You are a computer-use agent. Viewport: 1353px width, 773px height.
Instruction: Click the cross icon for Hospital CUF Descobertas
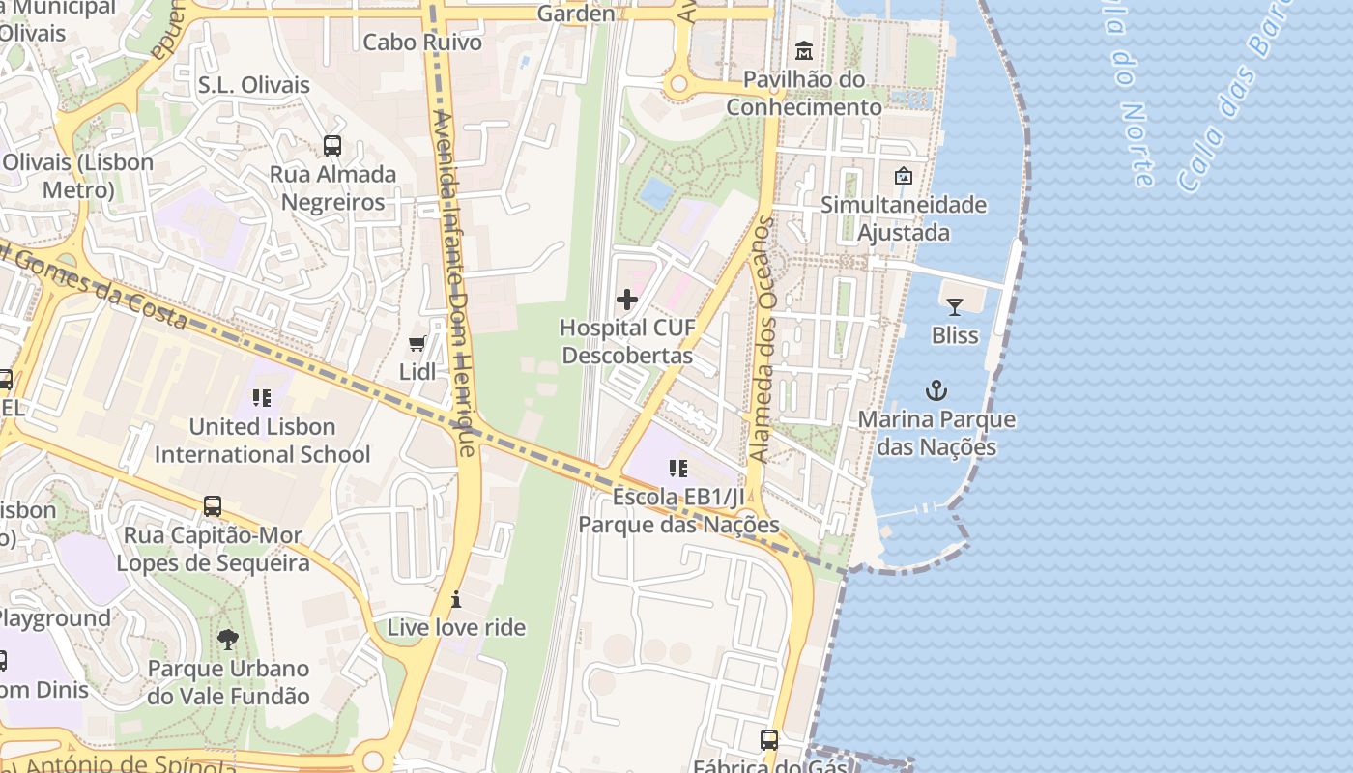point(627,300)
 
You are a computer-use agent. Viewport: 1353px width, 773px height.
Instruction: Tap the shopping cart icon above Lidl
point(417,344)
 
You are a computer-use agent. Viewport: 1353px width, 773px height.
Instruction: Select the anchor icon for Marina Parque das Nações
point(936,390)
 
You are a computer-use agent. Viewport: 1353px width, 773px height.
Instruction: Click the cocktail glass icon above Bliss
point(955,307)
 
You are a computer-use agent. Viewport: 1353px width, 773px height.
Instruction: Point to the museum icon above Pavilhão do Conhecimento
point(804,50)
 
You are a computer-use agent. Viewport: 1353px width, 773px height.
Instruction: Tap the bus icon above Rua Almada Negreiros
point(332,146)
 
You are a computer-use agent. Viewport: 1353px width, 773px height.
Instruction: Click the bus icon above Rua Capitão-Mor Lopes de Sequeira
point(213,506)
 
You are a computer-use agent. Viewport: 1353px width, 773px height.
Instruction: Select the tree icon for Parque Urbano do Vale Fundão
point(228,639)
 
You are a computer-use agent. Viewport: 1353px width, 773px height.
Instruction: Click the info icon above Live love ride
point(456,599)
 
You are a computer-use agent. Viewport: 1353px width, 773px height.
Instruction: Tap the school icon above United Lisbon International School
point(261,397)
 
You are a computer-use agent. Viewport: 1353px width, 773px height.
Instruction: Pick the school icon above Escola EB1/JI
point(678,469)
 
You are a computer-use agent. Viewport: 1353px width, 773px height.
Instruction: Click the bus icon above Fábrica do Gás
point(769,740)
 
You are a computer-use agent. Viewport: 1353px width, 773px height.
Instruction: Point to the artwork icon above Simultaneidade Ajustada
point(904,176)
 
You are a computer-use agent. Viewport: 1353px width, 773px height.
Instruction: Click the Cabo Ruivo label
point(422,42)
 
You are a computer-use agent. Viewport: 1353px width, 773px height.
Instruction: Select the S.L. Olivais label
point(254,85)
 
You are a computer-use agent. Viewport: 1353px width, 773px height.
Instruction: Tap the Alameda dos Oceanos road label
point(763,338)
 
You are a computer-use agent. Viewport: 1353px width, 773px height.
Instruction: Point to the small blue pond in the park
point(656,191)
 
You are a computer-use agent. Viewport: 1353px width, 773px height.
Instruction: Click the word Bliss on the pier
point(955,335)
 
